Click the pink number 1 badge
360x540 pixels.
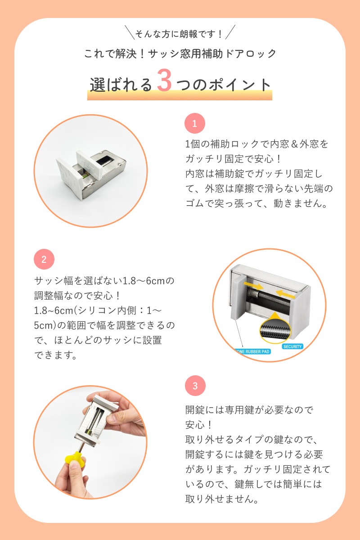(x=194, y=123)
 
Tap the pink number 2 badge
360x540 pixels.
(x=44, y=259)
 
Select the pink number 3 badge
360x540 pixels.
(x=195, y=386)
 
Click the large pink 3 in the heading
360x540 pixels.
(x=164, y=80)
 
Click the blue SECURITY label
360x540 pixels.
(x=292, y=346)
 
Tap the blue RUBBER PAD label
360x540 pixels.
(x=253, y=351)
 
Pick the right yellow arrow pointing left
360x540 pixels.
(x=285, y=294)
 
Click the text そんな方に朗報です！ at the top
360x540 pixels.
(x=180, y=34)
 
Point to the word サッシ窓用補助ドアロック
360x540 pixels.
(x=212, y=54)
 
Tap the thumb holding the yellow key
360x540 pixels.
(x=76, y=468)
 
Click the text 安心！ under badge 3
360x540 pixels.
(x=199, y=425)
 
